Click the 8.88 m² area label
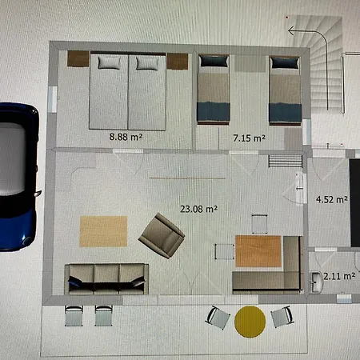126,137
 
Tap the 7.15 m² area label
249,138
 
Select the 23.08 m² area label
198,209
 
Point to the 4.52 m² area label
332,199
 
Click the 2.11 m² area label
339,276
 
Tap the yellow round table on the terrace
250,322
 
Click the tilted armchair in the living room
162,236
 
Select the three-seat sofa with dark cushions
106,279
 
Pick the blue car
18,177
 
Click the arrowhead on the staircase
291,31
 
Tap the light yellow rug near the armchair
103,231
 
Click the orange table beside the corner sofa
258,251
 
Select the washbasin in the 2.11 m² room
317,282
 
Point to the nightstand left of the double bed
78,58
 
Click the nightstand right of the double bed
178,61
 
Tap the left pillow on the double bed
109,63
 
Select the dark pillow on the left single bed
214,61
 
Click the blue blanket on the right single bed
285,113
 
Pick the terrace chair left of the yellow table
218,318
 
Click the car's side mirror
38,193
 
